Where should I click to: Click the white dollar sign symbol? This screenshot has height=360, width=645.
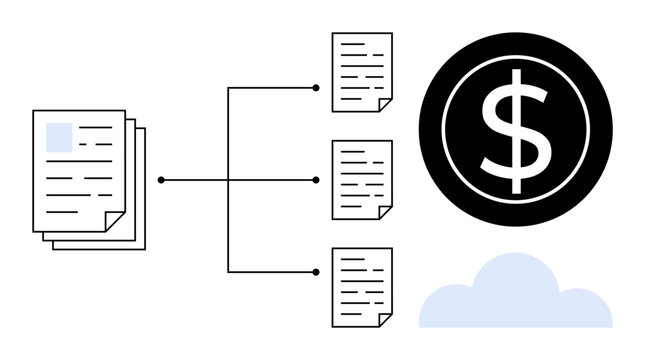click(x=515, y=130)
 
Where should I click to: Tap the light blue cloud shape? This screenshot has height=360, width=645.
click(x=515, y=296)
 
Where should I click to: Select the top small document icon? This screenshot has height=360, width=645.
click(x=362, y=71)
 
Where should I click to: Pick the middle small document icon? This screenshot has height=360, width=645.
click(x=362, y=179)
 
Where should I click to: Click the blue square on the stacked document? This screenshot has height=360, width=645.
click(x=60, y=136)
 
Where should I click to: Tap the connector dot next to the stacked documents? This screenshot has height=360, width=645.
click(x=161, y=180)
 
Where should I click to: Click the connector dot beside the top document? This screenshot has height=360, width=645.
click(x=316, y=88)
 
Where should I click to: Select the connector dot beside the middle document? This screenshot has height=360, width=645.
click(x=316, y=180)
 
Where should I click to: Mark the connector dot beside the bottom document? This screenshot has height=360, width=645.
click(x=316, y=271)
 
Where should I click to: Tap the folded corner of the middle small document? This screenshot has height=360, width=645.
click(x=385, y=211)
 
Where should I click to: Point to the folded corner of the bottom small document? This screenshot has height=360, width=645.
click(x=385, y=319)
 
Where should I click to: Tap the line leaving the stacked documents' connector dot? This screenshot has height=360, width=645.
click(x=195, y=180)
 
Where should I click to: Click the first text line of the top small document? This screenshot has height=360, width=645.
click(x=362, y=46)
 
